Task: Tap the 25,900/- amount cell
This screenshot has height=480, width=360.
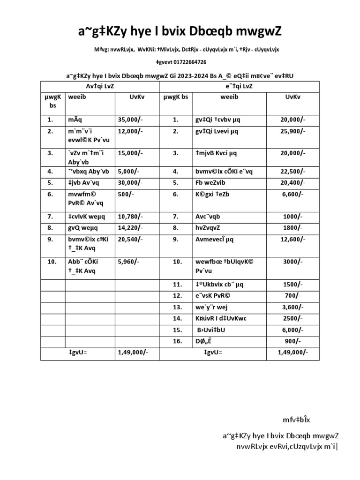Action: click(292, 132)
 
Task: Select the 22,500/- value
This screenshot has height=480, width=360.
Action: click(292, 172)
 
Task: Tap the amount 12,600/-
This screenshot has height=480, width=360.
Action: click(292, 239)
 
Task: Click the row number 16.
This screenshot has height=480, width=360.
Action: click(177, 341)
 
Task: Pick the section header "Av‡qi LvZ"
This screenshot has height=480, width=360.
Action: click(100, 86)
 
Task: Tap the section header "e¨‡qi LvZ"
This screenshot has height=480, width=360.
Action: click(240, 86)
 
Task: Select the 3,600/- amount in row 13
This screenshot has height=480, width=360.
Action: click(292, 307)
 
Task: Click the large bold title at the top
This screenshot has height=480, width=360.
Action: click(180, 31)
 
